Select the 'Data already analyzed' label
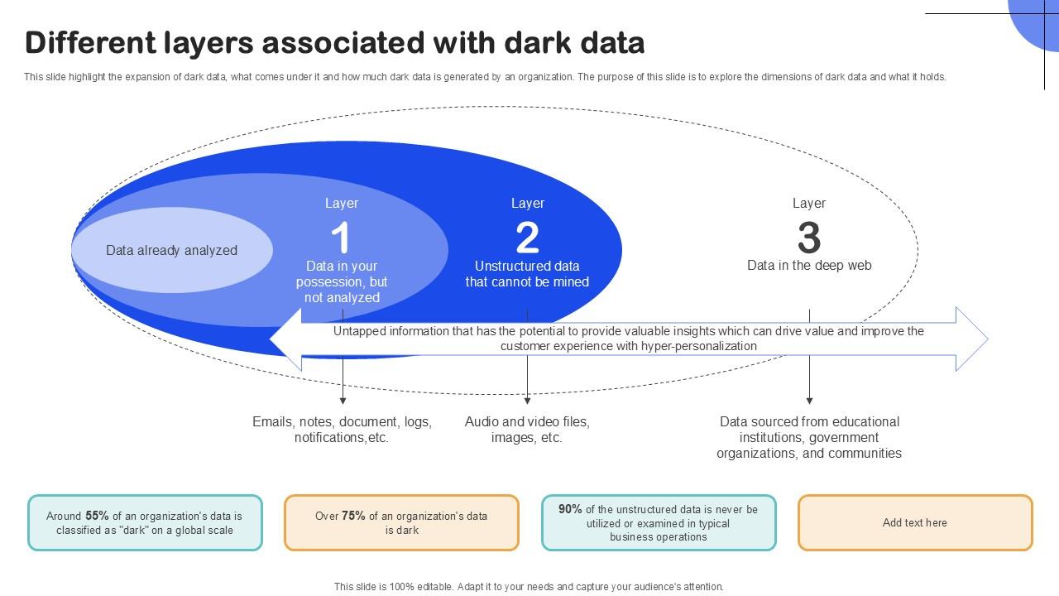(x=171, y=250)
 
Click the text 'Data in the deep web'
(x=808, y=266)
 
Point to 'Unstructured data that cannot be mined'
(x=527, y=274)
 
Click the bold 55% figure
(x=97, y=516)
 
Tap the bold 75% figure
(x=353, y=516)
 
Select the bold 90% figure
(x=570, y=509)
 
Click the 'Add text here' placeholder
(x=914, y=522)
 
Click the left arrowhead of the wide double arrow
(x=285, y=339)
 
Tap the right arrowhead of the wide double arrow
(x=973, y=339)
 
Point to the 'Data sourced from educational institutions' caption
(x=808, y=437)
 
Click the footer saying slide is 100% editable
(x=529, y=586)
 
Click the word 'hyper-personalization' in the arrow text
(x=698, y=346)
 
